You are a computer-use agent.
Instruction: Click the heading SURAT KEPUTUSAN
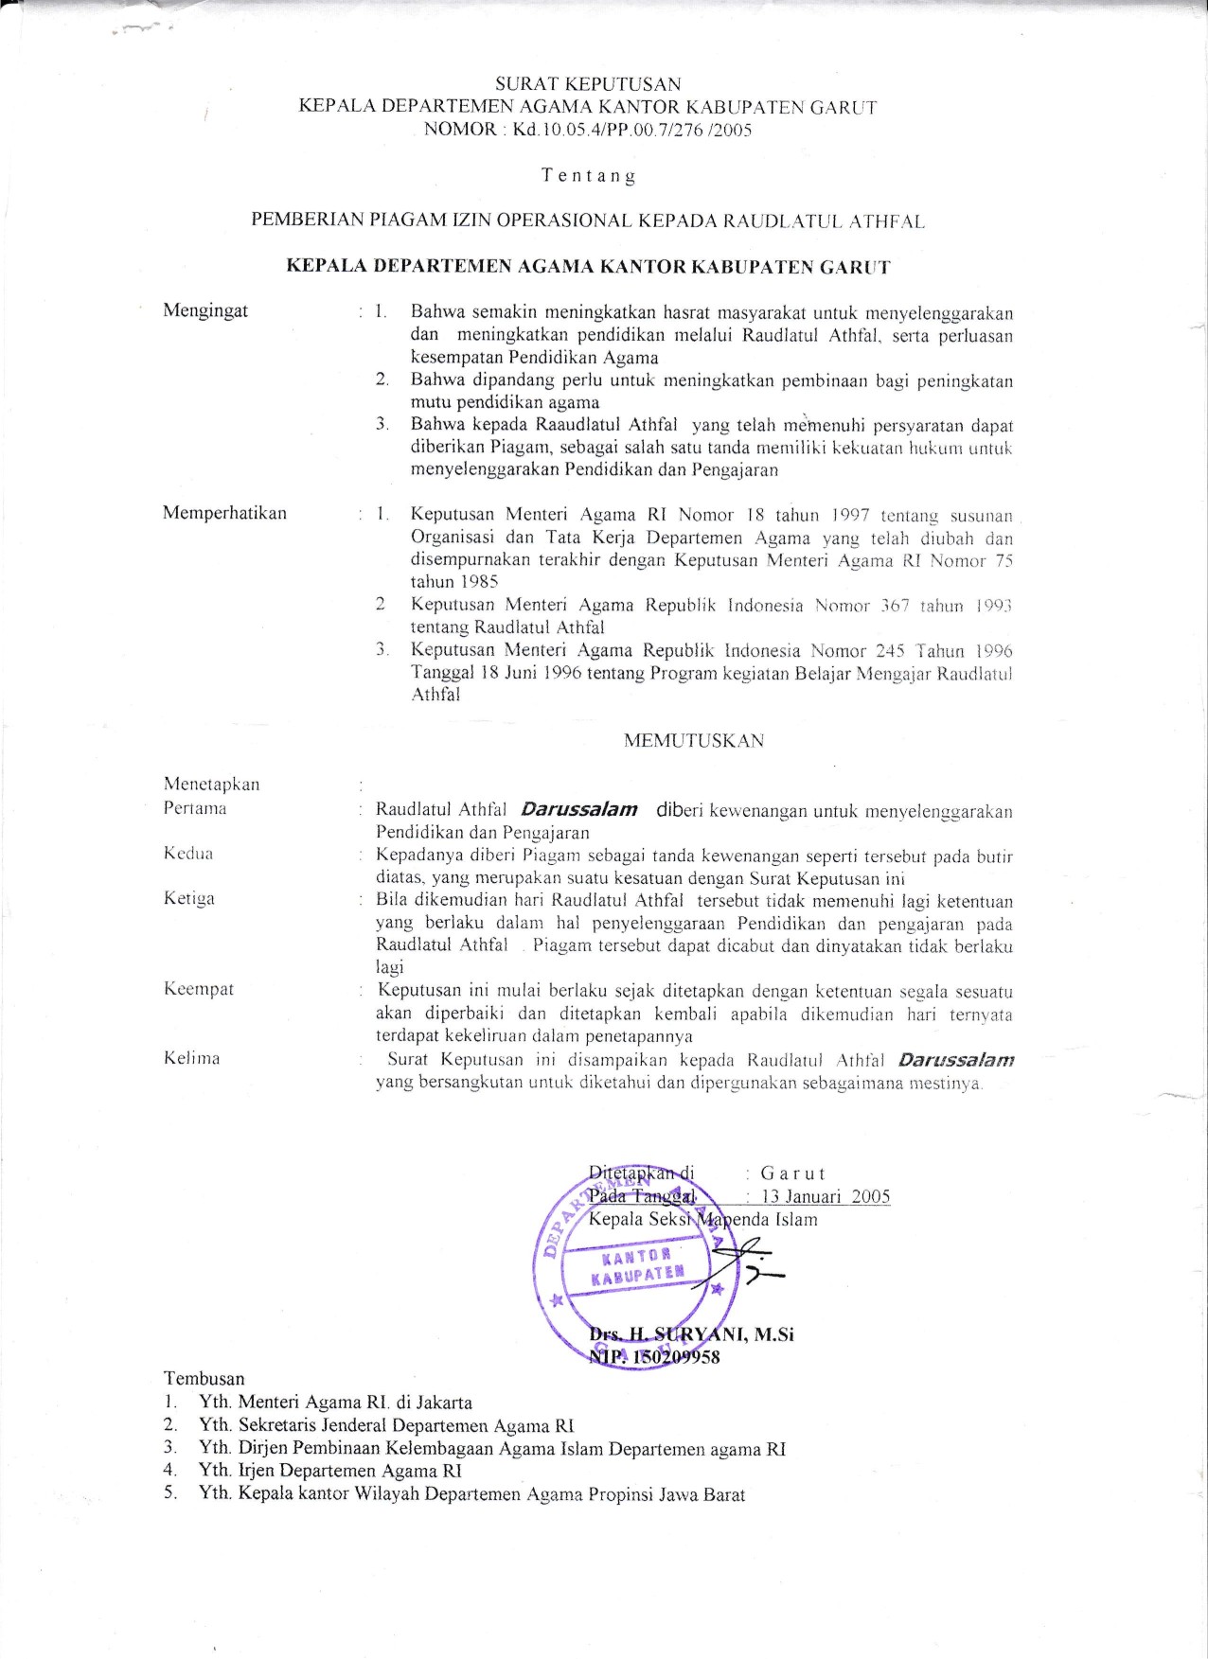pyautogui.click(x=588, y=85)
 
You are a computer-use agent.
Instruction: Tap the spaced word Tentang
pyautogui.click(x=588, y=176)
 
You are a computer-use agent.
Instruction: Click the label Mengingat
pyautogui.click(x=205, y=310)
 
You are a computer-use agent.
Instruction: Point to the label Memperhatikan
pyautogui.click(x=224, y=513)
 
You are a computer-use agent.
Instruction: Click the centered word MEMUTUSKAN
pyautogui.click(x=693, y=741)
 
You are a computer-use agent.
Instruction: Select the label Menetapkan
pyautogui.click(x=211, y=785)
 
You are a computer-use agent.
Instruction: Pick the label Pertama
pyautogui.click(x=195, y=808)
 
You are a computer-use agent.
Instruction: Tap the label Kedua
pyautogui.click(x=188, y=854)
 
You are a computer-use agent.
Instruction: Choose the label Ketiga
pyautogui.click(x=189, y=898)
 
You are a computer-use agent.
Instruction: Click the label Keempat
pyautogui.click(x=199, y=989)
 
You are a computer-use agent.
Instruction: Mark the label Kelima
pyautogui.click(x=192, y=1058)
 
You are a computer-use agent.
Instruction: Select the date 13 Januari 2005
pyautogui.click(x=826, y=1196)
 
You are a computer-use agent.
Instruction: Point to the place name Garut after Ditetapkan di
pyautogui.click(x=793, y=1174)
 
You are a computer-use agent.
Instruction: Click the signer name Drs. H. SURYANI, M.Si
pyautogui.click(x=691, y=1334)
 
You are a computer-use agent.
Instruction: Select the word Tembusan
pyautogui.click(x=204, y=1379)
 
